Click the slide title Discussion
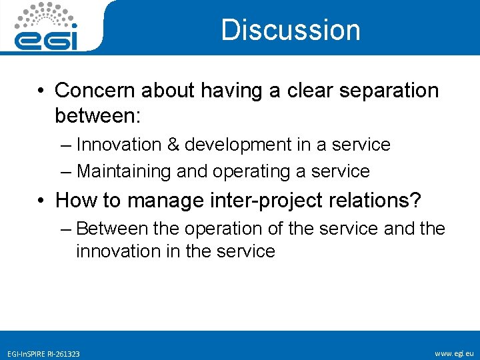290,30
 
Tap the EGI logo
47,27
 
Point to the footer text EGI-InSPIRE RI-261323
44,353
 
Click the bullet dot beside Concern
41,91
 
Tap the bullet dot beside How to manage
41,200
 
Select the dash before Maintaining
65,171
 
